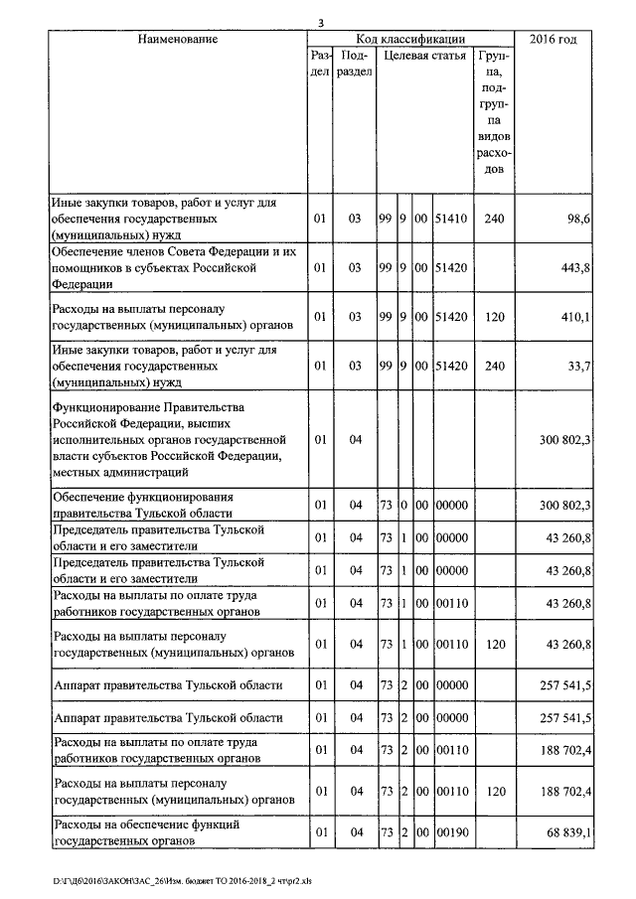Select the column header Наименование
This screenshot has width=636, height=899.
[x=178, y=39]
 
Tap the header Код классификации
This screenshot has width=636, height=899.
[x=411, y=39]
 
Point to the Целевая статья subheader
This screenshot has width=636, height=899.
[x=424, y=56]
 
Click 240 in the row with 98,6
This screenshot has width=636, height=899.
[x=495, y=218]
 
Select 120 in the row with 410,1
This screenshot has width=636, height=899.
[x=495, y=318]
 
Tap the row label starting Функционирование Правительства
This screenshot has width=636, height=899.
[x=169, y=438]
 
